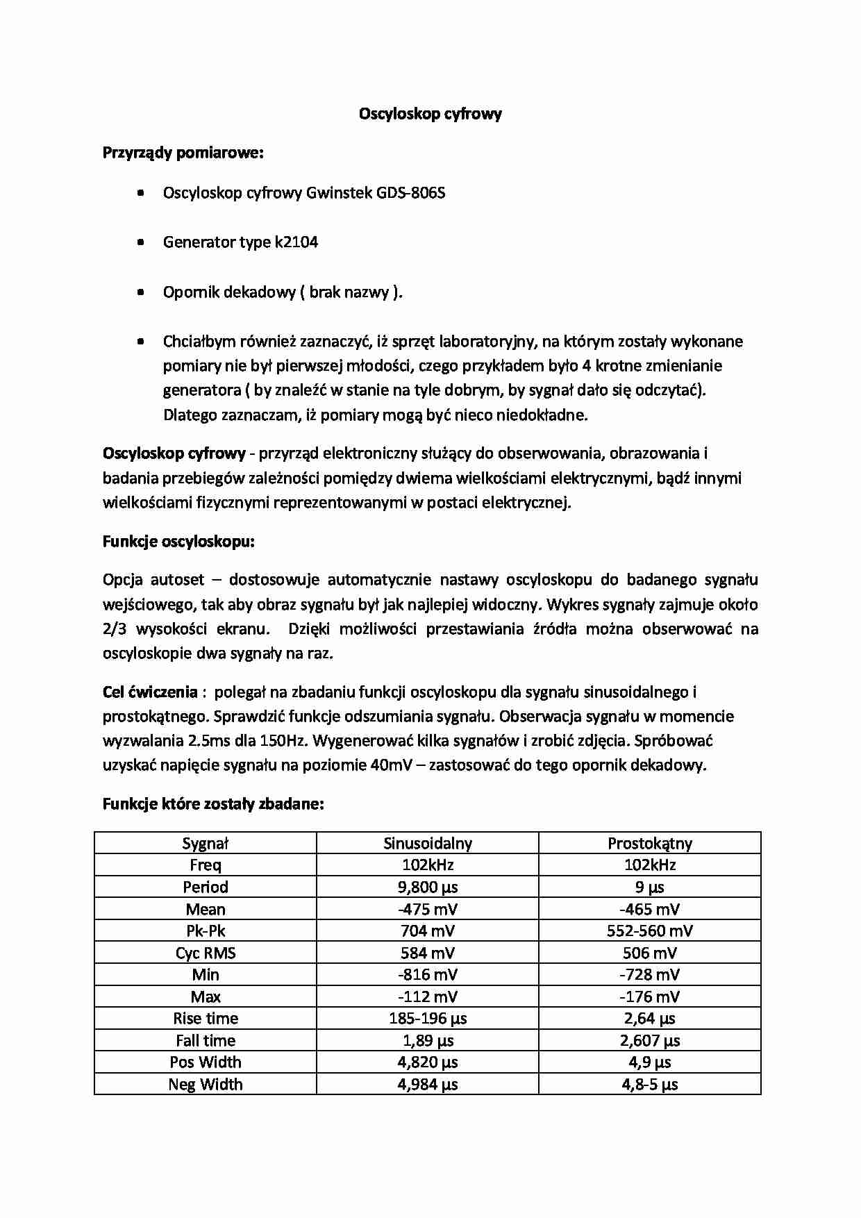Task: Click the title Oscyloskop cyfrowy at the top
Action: point(430,114)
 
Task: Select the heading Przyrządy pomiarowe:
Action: point(183,153)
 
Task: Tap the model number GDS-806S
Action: point(410,192)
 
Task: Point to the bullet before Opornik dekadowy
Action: point(142,292)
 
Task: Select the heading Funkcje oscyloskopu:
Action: point(178,541)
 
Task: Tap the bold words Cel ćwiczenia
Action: point(150,692)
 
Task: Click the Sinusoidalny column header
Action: point(427,843)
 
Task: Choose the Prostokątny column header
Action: point(649,843)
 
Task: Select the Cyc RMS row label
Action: point(206,953)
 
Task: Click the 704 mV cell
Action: point(427,931)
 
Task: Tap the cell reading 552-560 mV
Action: point(649,931)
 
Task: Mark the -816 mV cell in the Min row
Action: point(427,974)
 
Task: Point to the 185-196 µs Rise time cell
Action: point(427,1018)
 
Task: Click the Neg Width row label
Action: point(206,1084)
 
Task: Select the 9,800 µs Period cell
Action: point(427,887)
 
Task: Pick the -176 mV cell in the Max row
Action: point(649,996)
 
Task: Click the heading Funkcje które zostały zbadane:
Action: point(213,804)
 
